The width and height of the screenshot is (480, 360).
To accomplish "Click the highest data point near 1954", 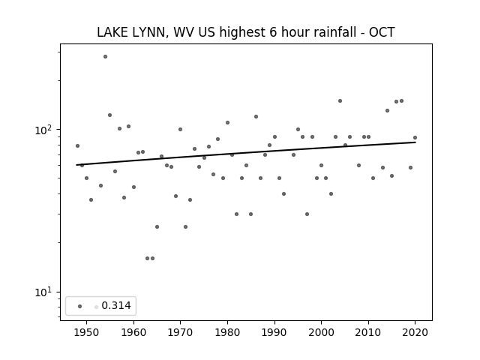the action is [x=105, y=57].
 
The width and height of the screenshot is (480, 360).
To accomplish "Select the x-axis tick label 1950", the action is [x=87, y=332].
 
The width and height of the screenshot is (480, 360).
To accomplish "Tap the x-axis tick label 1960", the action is [x=133, y=332].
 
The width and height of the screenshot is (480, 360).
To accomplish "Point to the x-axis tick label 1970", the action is [x=180, y=332].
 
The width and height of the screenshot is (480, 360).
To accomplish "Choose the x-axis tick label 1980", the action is [x=227, y=332].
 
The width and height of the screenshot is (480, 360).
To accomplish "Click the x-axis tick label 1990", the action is [x=274, y=332].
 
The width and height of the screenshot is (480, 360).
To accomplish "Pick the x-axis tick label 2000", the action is [x=321, y=332].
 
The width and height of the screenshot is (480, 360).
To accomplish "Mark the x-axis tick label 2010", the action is [x=368, y=332].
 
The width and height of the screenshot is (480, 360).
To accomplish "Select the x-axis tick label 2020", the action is [x=415, y=332].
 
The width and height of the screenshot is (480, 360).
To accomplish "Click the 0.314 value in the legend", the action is [x=116, y=305].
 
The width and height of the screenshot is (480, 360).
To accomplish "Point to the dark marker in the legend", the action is [x=80, y=307].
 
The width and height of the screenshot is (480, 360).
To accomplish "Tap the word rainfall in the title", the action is [x=330, y=32].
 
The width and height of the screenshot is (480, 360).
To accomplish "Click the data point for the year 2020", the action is [x=415, y=138].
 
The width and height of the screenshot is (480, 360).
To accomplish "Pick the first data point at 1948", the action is [x=77, y=146].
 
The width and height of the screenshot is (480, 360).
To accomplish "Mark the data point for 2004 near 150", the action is [x=340, y=101].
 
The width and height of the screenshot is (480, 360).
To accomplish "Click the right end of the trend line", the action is [x=415, y=142].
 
